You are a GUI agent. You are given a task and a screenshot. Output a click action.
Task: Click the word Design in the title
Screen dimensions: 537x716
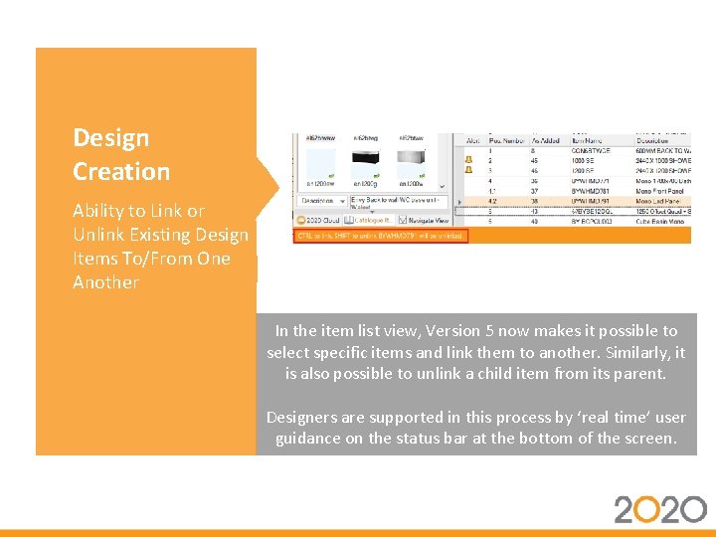tap(110, 138)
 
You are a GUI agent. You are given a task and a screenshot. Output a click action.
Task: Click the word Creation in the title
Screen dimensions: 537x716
tap(120, 171)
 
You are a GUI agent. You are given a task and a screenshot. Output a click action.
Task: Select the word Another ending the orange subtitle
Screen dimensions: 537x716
tap(105, 282)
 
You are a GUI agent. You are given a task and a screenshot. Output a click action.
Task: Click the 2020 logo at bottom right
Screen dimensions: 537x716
tap(659, 509)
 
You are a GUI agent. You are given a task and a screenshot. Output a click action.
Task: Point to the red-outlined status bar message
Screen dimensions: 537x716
tap(379, 237)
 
